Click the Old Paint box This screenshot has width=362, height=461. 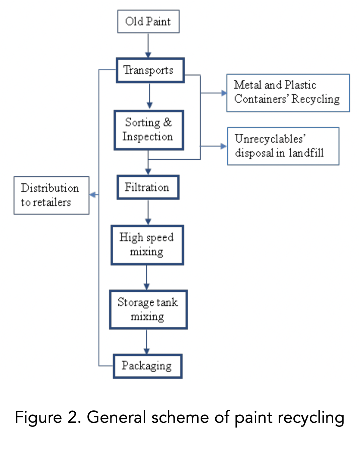pos(148,21)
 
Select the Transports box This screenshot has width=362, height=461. pos(150,70)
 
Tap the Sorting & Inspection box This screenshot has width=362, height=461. pos(149,130)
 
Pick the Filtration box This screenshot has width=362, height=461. pos(148,187)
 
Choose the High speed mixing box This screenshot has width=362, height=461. pos(147,245)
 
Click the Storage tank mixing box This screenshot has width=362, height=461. pos(148,309)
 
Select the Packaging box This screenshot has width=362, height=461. pos(147,366)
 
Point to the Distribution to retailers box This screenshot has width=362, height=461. pos(51,195)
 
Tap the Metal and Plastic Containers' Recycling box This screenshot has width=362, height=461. pos(288,93)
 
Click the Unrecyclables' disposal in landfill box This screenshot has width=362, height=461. pos(283,146)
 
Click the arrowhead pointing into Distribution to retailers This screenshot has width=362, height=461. pos(93,195)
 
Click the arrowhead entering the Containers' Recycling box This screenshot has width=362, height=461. pos(223,93)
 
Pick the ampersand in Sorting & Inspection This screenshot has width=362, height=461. pos(167,122)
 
